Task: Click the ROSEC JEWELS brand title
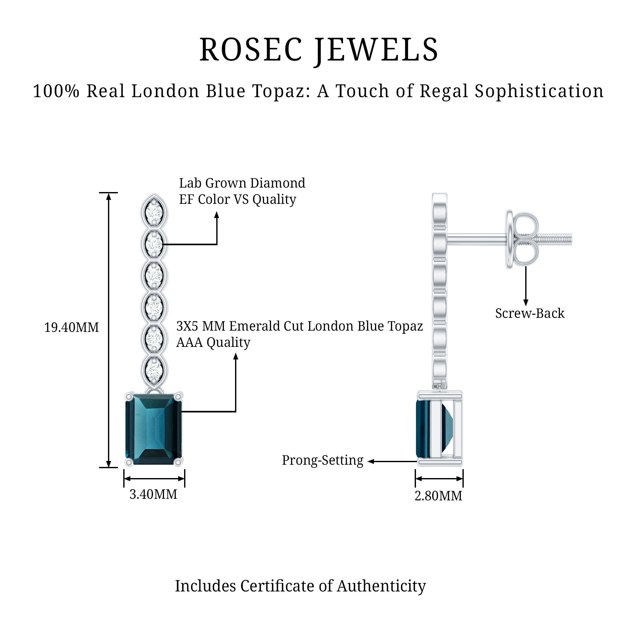[318, 50]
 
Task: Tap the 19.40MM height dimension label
[72, 327]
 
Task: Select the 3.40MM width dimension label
[153, 494]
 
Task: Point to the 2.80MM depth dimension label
[438, 496]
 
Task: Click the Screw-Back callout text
[530, 313]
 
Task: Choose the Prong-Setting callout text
[322, 460]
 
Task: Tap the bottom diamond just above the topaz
[154, 369]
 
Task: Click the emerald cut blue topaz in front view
[154, 429]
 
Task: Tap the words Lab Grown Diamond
[242, 183]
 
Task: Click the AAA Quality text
[213, 343]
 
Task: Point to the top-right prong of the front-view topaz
[179, 396]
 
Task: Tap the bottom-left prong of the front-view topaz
[129, 462]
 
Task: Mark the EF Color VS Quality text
[237, 199]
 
